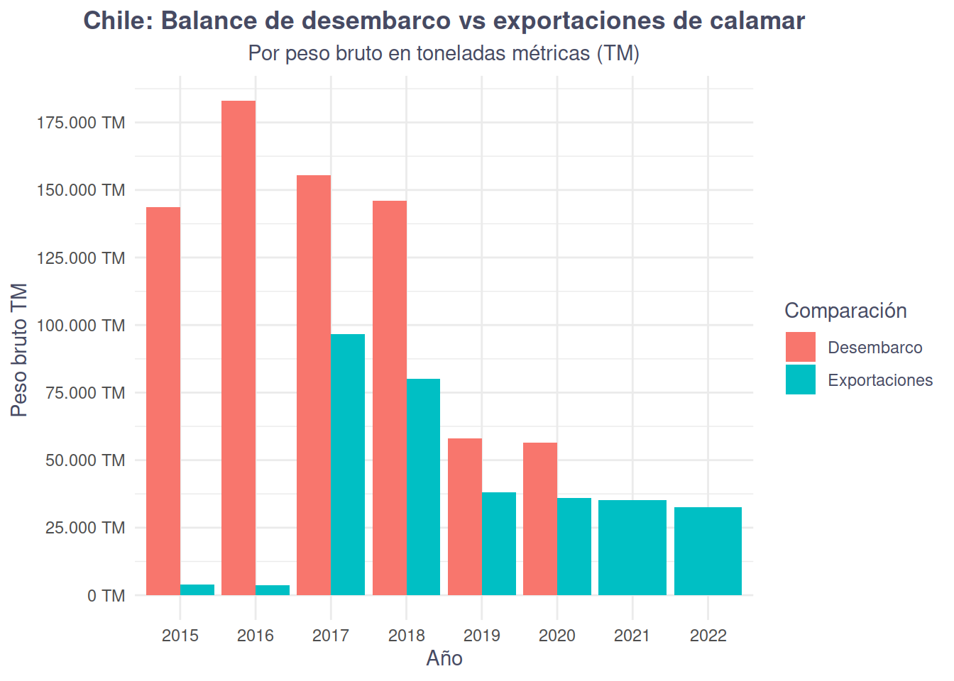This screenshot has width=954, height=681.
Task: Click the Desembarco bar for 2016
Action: pyautogui.click(x=238, y=348)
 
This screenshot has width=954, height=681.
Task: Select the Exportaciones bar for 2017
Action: pyautogui.click(x=348, y=465)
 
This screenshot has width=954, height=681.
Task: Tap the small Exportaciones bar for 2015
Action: pyautogui.click(x=197, y=589)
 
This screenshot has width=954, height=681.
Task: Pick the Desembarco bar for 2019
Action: pyautogui.click(x=465, y=516)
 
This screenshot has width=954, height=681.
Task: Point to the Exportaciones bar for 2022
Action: pyautogui.click(x=708, y=551)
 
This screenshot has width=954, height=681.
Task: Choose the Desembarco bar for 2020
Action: pyautogui.click(x=540, y=519)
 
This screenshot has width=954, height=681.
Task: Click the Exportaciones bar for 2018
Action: pyautogui.click(x=423, y=487)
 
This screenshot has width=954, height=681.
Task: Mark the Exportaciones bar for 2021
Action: pyautogui.click(x=632, y=548)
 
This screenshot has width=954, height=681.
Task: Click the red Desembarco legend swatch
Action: pyautogui.click(x=800, y=347)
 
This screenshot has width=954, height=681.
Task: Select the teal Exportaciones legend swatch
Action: pyautogui.click(x=800, y=380)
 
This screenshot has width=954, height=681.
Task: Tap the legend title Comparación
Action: pyautogui.click(x=845, y=311)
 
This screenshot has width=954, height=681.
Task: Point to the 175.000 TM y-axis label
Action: pyautogui.click(x=81, y=123)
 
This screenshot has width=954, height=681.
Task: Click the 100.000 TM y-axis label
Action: pyautogui.click(x=81, y=326)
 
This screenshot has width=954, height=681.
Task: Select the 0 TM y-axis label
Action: pyautogui.click(x=106, y=596)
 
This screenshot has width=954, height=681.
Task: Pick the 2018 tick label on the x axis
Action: pyautogui.click(x=407, y=635)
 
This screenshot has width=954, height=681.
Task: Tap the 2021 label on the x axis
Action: pyautogui.click(x=632, y=635)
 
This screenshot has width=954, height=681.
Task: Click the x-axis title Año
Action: pyautogui.click(x=444, y=658)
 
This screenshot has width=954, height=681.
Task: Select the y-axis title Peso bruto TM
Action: pyautogui.click(x=19, y=350)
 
